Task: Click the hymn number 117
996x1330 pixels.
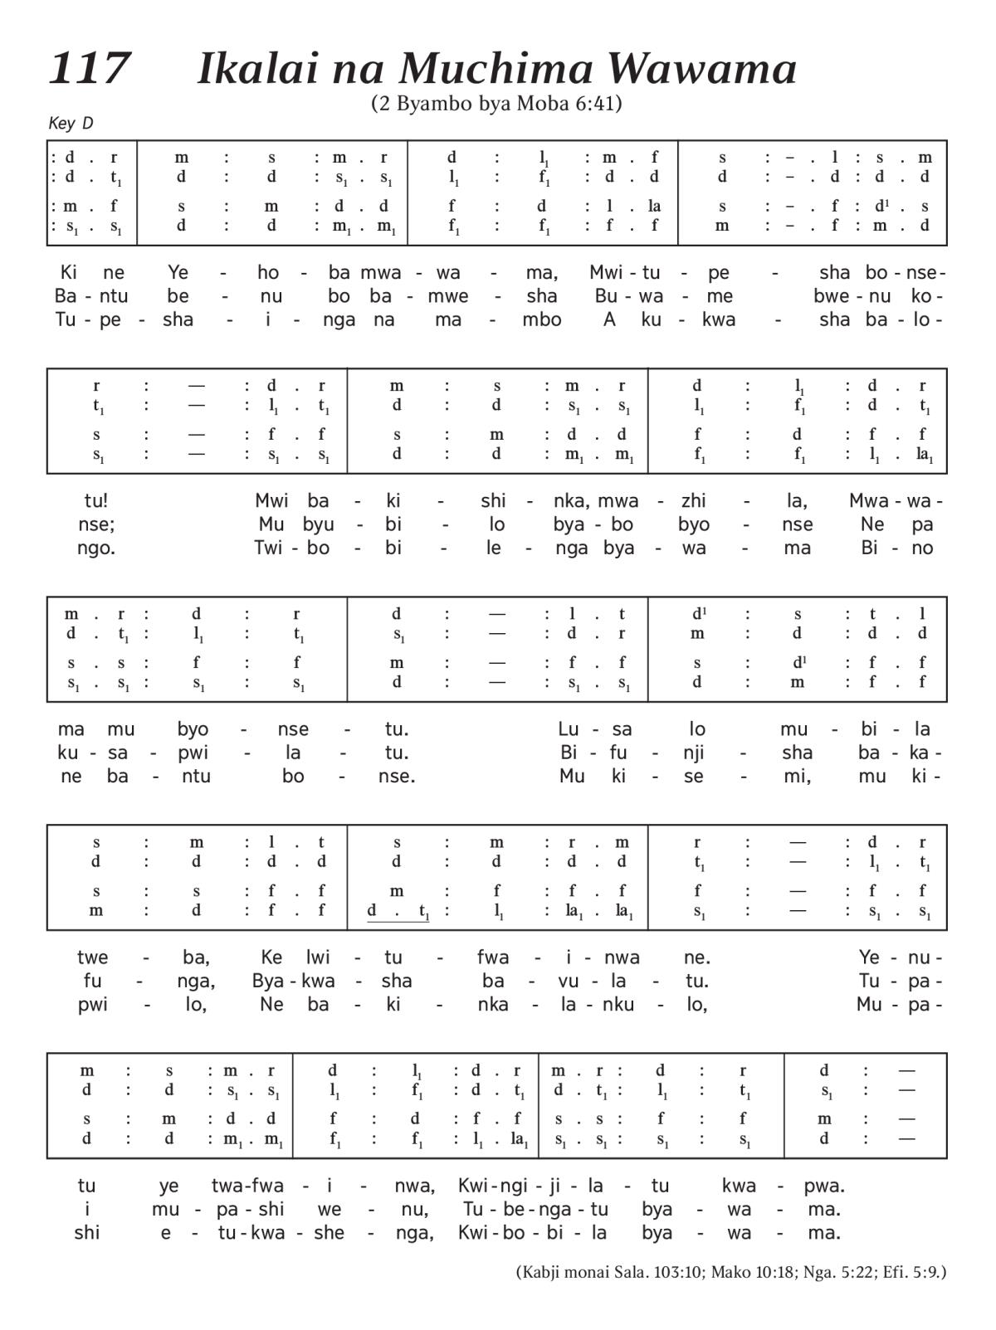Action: point(90,68)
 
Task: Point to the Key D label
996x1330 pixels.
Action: point(71,124)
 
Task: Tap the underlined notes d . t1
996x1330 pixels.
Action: point(398,911)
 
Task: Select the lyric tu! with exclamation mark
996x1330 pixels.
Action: point(95,500)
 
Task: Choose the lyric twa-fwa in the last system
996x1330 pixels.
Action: point(247,1185)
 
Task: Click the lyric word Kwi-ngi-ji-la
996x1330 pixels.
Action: point(531,1185)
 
